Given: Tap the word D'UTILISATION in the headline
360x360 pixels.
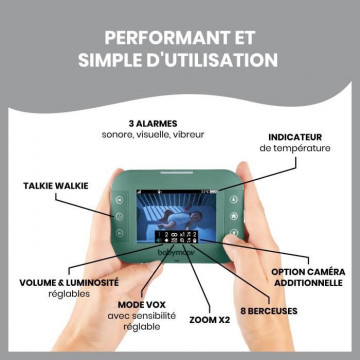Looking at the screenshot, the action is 214,60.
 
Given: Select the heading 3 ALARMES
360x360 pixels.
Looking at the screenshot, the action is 153,124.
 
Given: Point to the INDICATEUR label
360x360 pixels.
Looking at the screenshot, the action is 295,137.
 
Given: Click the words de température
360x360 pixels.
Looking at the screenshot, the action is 295,148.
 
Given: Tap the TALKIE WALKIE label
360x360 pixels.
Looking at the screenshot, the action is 56,186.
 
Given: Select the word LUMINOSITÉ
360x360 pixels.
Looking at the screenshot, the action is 93,283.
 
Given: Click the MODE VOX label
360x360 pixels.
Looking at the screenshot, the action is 142,305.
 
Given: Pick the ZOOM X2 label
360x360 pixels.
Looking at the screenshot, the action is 210,320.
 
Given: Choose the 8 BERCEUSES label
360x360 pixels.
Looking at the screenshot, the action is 269,311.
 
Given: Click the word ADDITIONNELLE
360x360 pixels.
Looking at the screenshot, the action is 308,283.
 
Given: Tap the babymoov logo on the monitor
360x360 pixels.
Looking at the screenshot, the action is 176,253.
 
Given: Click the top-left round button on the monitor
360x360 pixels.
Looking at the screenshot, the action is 119,200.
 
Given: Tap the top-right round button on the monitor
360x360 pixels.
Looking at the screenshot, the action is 234,199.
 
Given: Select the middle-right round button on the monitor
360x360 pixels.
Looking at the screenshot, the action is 234,216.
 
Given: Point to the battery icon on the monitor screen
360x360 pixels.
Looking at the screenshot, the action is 213,192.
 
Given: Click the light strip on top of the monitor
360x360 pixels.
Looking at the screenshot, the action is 176,173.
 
